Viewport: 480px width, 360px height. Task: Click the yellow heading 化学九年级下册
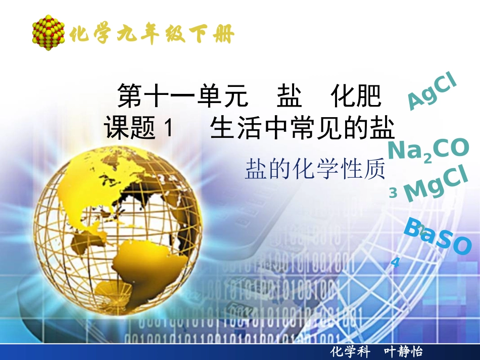click(152, 35)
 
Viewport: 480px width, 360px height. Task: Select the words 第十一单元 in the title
click(182, 96)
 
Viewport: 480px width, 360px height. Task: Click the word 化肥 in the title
click(356, 96)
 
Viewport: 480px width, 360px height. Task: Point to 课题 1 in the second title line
click(138, 128)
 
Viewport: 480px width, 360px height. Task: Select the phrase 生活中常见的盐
click(302, 128)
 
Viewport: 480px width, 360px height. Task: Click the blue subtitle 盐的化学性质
click(315, 169)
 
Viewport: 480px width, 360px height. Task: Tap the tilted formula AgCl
click(432, 92)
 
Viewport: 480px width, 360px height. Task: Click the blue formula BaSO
click(437, 237)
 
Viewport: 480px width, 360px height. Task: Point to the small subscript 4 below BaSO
click(396, 262)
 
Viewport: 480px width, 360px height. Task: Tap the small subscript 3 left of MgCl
click(393, 193)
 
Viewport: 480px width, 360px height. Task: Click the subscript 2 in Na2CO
click(427, 159)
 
